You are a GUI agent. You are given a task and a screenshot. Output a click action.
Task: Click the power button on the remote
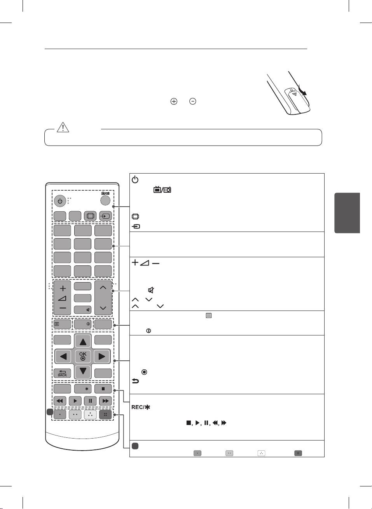[59, 202]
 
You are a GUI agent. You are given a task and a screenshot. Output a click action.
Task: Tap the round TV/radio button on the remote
[105, 200]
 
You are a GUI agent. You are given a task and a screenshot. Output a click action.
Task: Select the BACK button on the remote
[62, 373]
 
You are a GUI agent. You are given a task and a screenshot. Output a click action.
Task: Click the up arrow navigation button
[83, 341]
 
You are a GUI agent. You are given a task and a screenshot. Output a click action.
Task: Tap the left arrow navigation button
[63, 356]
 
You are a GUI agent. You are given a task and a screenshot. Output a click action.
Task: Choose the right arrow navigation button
[102, 356]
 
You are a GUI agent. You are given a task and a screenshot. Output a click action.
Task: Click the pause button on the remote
[90, 401]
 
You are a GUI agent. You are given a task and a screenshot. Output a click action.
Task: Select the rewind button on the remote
[59, 401]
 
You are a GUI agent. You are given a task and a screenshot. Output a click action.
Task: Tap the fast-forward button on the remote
[105, 401]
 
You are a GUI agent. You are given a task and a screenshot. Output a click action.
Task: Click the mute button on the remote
[83, 310]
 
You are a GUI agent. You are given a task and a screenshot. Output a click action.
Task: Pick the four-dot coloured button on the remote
[105, 414]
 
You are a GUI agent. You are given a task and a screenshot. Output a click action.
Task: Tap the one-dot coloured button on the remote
[59, 414]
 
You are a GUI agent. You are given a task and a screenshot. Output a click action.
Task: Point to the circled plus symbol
[173, 101]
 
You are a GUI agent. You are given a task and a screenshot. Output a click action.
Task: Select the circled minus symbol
[192, 101]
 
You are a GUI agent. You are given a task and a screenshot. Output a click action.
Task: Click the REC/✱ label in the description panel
[141, 407]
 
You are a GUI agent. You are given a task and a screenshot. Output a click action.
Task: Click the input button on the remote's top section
[105, 216]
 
